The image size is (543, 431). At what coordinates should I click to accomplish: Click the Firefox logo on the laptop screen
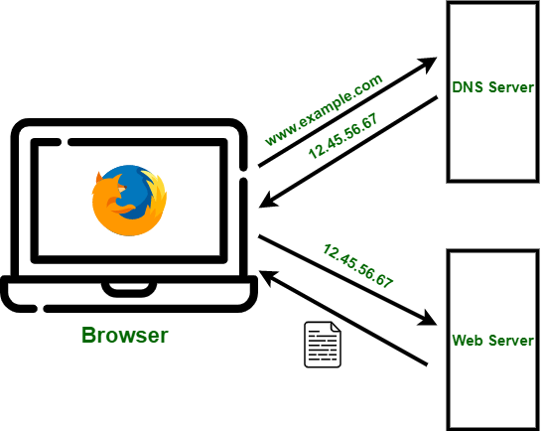pyautogui.click(x=128, y=199)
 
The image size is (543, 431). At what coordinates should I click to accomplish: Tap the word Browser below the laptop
pyautogui.click(x=124, y=335)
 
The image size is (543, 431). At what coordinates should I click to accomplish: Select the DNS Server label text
pyautogui.click(x=492, y=88)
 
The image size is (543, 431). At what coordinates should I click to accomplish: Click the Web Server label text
pyautogui.click(x=493, y=341)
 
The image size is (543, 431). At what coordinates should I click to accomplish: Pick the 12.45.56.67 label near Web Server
pyautogui.click(x=357, y=264)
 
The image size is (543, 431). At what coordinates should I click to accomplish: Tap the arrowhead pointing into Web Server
pyautogui.click(x=429, y=319)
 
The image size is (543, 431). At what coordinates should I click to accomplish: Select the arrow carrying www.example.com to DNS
pyautogui.click(x=347, y=114)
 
